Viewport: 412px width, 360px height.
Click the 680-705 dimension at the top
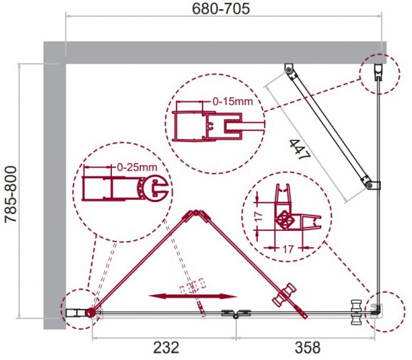coord(221,9)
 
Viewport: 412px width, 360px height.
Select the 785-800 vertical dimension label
coord(11,195)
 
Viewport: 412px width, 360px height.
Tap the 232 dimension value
coord(166,348)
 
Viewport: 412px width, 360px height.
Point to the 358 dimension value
coord(308,348)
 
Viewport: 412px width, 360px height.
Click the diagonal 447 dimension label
coord(300,150)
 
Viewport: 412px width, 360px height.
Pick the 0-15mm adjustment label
coord(232,101)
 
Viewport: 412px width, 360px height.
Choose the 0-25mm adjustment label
coord(137,167)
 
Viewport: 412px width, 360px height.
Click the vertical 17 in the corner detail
coord(258,216)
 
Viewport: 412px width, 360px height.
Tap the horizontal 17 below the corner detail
coord(288,249)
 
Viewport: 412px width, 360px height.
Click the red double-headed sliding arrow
coord(193,296)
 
